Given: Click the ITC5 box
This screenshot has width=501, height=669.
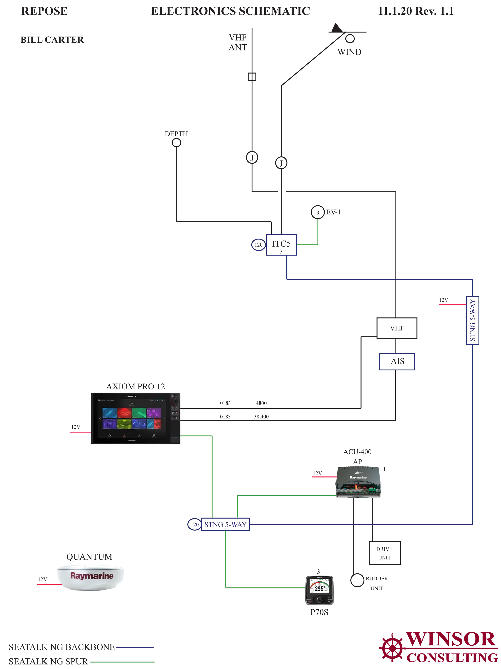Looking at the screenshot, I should [x=281, y=245].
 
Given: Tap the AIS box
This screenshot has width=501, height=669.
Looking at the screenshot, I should [x=397, y=361].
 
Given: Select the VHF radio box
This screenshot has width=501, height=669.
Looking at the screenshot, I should [x=396, y=328].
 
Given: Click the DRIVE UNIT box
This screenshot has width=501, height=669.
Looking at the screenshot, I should [x=384, y=553].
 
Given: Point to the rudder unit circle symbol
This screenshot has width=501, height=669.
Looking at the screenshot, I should [x=357, y=580].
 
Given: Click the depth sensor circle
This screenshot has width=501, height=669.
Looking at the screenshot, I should [x=176, y=142].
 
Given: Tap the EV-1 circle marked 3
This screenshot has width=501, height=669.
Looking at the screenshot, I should [x=317, y=212].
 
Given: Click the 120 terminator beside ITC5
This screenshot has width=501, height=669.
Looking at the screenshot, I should [x=258, y=245].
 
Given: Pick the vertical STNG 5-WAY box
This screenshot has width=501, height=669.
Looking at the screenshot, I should [x=472, y=320].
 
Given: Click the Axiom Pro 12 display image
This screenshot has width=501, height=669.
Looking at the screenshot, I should [x=135, y=418].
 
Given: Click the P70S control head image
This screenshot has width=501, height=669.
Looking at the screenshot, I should [x=319, y=590].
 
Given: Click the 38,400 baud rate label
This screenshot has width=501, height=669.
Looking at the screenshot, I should [x=261, y=417].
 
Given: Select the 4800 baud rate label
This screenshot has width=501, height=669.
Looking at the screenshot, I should [x=261, y=403].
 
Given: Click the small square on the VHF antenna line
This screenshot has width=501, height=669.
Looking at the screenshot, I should [x=252, y=77].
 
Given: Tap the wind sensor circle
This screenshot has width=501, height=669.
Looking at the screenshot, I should [x=350, y=39].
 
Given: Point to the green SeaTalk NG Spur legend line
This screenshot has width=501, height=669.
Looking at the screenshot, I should [x=122, y=662].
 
